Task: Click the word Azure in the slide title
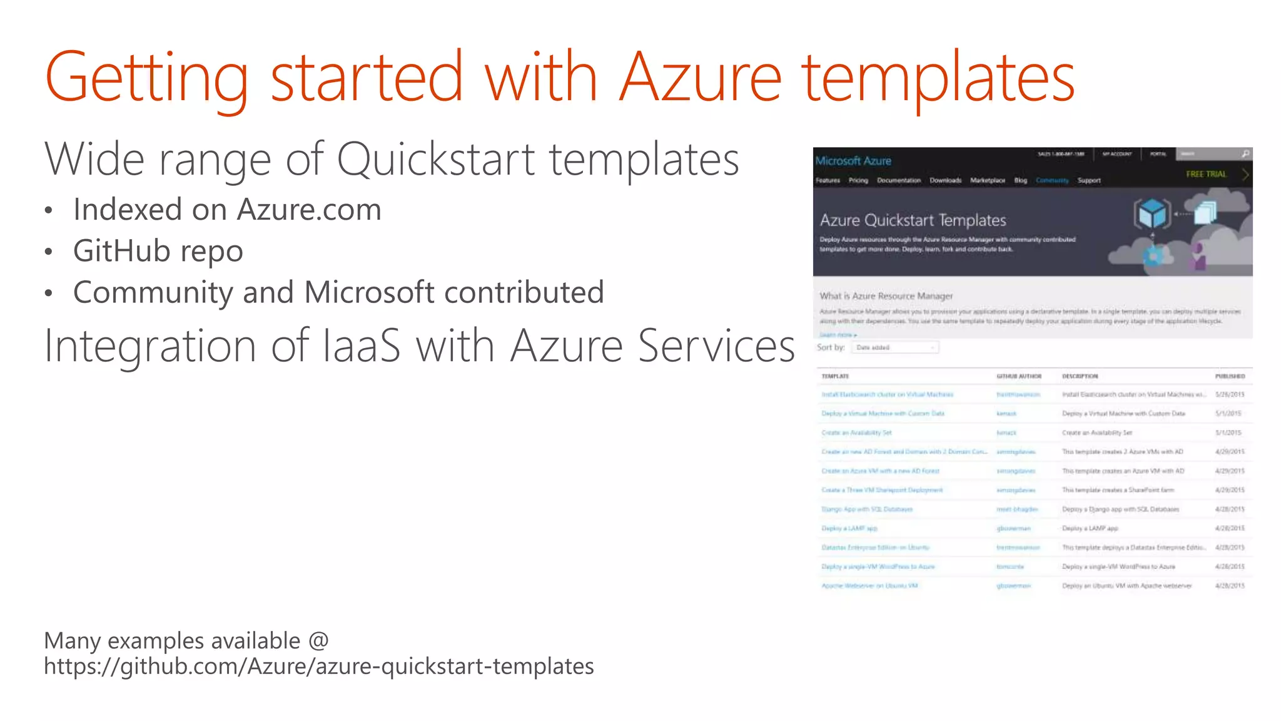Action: [700, 78]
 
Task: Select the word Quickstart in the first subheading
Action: [435, 159]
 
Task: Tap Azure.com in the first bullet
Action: [309, 210]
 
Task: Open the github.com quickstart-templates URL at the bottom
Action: [318, 667]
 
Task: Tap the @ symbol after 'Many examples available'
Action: [318, 641]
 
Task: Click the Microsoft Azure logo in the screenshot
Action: [853, 161]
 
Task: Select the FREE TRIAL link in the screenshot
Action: [1206, 174]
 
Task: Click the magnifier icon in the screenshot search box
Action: [1245, 154]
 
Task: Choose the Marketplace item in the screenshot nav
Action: [987, 180]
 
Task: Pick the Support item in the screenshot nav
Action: [1089, 180]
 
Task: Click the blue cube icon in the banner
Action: [1152, 214]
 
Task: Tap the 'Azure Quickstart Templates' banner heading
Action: [913, 220]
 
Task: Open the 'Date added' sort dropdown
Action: [895, 347]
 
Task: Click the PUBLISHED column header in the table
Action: [1230, 376]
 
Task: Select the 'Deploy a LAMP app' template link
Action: [849, 528]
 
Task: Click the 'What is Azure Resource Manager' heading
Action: [886, 296]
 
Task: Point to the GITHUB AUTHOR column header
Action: [1018, 376]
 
